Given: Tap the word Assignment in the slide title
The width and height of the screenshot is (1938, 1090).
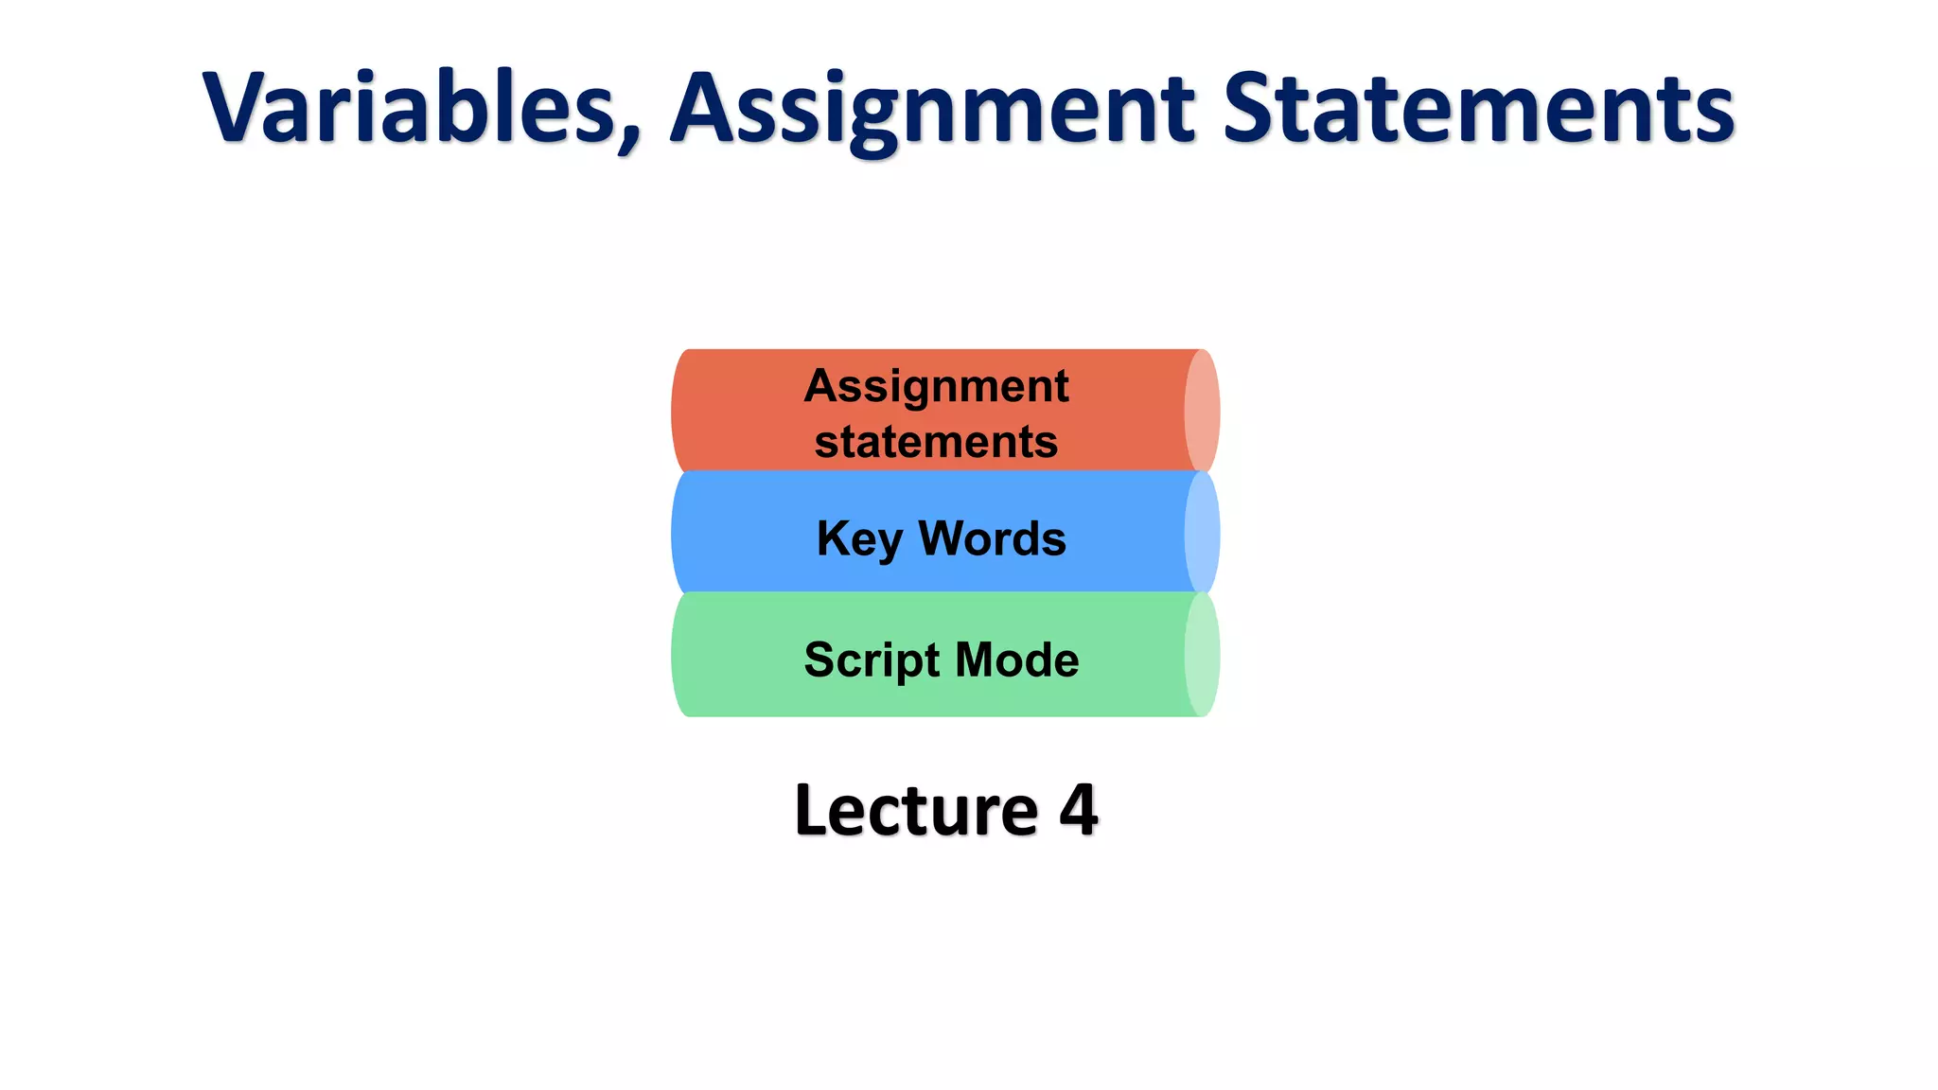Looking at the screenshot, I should pyautogui.click(x=933, y=110).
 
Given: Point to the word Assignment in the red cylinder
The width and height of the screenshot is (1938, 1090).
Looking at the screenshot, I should pyautogui.click(x=936, y=386).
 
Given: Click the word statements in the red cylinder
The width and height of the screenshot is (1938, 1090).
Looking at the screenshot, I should pyautogui.click(x=936, y=442).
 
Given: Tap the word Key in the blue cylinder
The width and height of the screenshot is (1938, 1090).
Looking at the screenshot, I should pyautogui.click(x=859, y=539).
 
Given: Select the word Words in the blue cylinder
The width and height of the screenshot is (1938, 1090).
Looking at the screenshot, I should pyautogui.click(x=992, y=538).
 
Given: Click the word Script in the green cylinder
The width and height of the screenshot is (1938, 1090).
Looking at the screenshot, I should pyautogui.click(x=872, y=659).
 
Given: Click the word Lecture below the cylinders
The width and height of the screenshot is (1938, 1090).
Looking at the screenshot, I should pyautogui.click(x=916, y=811).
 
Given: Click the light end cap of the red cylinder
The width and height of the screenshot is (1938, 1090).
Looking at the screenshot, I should pyautogui.click(x=1202, y=411).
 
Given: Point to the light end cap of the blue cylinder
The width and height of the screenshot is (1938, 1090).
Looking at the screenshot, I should pyautogui.click(x=1202, y=533).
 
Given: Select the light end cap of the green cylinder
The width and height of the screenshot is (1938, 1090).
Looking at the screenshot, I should pyautogui.click(x=1202, y=655).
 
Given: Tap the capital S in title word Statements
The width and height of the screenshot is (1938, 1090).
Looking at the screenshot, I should pyautogui.click(x=1249, y=108).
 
